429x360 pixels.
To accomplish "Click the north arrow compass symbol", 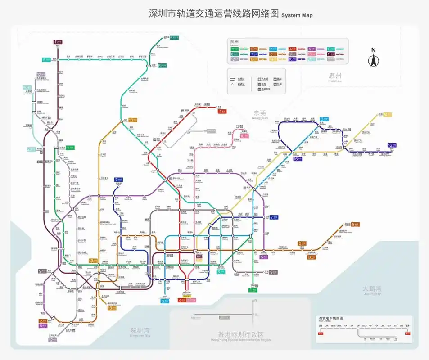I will [373, 58].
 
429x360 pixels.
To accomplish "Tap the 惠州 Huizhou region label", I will [335, 77].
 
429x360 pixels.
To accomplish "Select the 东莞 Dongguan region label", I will [260, 114].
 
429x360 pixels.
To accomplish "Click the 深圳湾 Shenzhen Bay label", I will [140, 331].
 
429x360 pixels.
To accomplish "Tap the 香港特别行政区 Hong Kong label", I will [240, 335].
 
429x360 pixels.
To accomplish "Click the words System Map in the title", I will [297, 15].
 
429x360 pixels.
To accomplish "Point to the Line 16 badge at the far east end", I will [391, 145].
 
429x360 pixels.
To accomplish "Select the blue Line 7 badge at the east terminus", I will [275, 217].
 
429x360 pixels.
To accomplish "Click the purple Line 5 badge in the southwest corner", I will [43, 325].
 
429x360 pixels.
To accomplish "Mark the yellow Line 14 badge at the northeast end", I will [387, 115].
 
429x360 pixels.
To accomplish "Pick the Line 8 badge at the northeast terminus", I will [355, 224].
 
